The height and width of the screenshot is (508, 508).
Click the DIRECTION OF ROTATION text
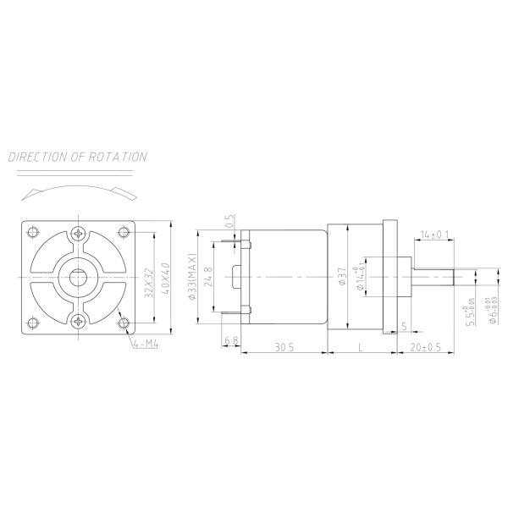(78, 157)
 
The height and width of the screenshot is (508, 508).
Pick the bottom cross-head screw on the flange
(79, 320)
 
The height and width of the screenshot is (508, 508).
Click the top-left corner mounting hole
(33, 231)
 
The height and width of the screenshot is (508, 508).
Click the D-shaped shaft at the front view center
(79, 277)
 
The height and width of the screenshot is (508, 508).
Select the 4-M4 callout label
(146, 344)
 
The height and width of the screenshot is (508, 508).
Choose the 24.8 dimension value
(209, 277)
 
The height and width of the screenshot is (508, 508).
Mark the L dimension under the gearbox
(361, 347)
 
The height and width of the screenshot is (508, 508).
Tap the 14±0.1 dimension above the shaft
(435, 234)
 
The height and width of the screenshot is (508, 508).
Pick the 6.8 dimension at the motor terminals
(230, 342)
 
